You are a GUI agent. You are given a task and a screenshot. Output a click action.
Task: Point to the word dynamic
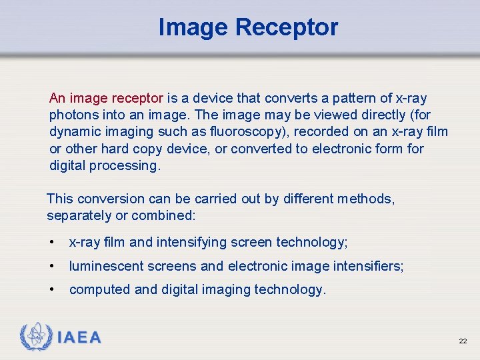73,132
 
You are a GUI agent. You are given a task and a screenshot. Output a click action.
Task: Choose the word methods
365,199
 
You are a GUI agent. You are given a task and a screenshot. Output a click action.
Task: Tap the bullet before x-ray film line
51,243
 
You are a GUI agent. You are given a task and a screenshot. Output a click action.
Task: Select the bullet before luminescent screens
51,267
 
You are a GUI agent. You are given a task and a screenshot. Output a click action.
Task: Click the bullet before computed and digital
51,290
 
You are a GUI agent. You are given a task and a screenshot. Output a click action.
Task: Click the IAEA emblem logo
36,337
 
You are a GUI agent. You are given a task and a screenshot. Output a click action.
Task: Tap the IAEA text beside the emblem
79,338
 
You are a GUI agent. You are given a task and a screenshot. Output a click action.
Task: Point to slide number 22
463,341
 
